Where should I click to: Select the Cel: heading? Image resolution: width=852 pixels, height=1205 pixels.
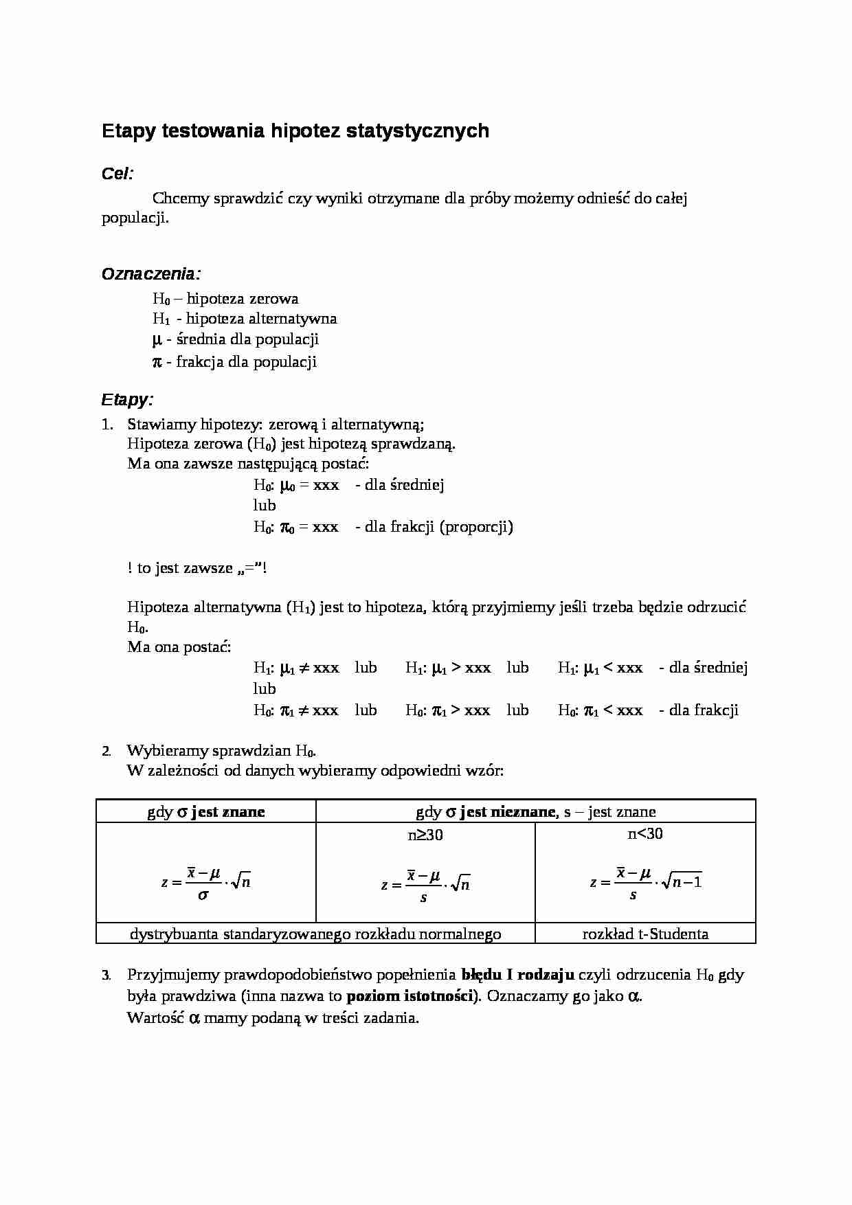coord(117,174)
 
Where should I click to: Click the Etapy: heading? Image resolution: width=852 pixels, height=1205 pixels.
coord(127,399)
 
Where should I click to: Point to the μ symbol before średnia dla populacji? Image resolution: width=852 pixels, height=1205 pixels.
coord(157,339)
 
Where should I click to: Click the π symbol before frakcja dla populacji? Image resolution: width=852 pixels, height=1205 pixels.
coord(157,362)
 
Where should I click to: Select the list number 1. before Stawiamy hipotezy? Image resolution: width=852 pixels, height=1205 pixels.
coord(107,424)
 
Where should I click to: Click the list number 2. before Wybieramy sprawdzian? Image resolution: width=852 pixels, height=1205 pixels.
coord(106,751)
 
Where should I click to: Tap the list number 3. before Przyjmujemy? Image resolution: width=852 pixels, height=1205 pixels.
coord(106,975)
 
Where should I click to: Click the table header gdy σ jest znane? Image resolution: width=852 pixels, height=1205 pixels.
coord(206,812)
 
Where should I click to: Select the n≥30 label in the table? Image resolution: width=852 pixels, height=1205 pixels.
coord(425,835)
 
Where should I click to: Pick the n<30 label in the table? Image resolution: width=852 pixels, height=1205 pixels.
coord(645,833)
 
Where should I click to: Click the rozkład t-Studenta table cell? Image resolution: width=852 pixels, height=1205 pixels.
coord(645,934)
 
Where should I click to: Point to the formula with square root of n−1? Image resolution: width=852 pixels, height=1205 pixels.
coord(645,882)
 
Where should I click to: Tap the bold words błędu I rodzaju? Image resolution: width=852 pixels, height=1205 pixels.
coord(517,975)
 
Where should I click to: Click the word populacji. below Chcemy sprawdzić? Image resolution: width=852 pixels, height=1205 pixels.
coord(135,218)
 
